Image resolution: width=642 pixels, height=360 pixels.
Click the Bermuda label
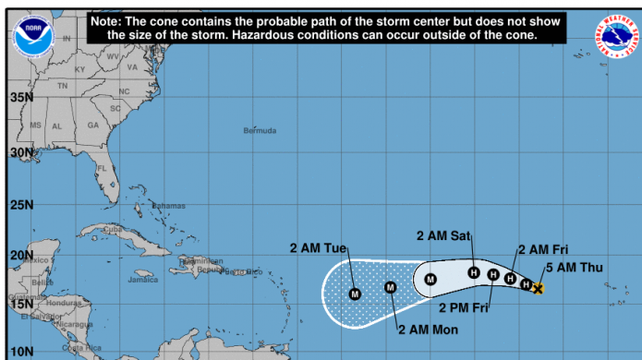pos(260,130)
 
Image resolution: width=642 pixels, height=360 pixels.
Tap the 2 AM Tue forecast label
pos(318,247)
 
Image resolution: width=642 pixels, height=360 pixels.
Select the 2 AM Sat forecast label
pos(443,236)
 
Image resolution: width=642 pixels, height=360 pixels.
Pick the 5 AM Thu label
pos(575,268)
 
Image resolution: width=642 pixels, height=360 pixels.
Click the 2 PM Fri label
pos(463,307)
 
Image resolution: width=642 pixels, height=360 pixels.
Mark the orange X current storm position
pos(539,289)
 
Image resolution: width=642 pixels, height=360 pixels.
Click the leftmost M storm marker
pos(355,294)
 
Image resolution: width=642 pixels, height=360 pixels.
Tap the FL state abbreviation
pos(103,170)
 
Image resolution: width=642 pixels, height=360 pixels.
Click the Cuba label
pos(113,229)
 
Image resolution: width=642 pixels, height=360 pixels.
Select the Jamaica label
pos(143,279)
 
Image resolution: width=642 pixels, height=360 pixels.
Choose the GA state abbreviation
pos(92,125)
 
